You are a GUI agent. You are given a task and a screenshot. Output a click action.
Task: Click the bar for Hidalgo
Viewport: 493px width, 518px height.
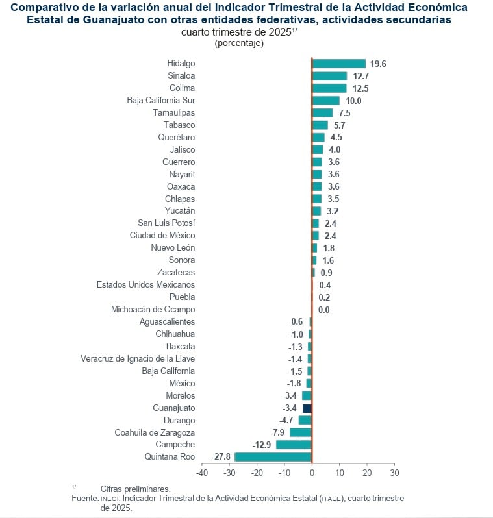(x=338, y=64)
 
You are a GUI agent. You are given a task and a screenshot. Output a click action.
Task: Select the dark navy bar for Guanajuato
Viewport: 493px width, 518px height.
(x=307, y=408)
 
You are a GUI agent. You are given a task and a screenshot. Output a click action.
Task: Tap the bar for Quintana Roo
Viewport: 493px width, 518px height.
(x=273, y=457)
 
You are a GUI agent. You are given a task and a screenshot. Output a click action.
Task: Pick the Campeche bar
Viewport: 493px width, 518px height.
(x=294, y=445)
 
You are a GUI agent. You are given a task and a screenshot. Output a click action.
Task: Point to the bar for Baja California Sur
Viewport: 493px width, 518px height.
(x=325, y=101)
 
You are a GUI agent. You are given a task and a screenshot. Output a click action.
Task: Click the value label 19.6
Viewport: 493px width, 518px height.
(x=378, y=64)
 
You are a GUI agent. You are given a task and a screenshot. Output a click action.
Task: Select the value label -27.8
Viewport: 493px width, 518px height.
(x=221, y=457)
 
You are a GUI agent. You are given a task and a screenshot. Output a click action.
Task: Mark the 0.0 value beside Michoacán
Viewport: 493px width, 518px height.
(x=323, y=310)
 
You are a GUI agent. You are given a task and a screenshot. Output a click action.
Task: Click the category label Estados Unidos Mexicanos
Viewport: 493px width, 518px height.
(x=145, y=285)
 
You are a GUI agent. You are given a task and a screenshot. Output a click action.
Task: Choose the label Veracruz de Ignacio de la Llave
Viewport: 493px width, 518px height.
(x=138, y=359)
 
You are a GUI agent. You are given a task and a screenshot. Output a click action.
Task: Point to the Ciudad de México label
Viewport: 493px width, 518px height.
(x=162, y=236)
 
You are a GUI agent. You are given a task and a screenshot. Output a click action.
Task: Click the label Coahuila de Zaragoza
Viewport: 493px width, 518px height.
(x=155, y=432)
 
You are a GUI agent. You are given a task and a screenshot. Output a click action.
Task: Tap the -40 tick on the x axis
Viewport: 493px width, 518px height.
(x=202, y=473)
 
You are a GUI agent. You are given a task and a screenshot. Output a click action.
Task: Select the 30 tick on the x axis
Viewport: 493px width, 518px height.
(x=394, y=473)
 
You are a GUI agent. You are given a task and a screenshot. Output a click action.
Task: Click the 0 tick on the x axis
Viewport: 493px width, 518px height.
(x=312, y=473)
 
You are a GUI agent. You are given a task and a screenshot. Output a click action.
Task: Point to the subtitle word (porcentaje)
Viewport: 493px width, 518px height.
(x=238, y=43)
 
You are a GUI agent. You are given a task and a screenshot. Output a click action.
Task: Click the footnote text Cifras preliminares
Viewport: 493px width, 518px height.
(x=135, y=489)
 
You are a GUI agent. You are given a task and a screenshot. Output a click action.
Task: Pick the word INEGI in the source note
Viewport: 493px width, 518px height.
(x=110, y=499)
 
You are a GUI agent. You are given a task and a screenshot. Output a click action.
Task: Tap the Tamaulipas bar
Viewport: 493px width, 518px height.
(x=322, y=113)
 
